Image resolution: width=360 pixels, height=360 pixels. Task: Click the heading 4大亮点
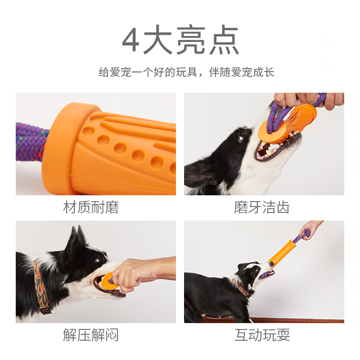pyautogui.click(x=180, y=40)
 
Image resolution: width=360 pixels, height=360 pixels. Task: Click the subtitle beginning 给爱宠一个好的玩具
pyautogui.click(x=186, y=72)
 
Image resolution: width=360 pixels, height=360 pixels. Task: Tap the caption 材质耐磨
pyautogui.click(x=91, y=207)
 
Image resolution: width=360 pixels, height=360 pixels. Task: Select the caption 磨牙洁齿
pyautogui.click(x=262, y=207)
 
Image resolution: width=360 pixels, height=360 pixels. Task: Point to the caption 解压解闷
pyautogui.click(x=91, y=335)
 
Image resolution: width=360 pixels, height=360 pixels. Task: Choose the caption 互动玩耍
pyautogui.click(x=262, y=335)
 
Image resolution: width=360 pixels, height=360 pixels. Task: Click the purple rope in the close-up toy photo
pyautogui.click(x=31, y=142)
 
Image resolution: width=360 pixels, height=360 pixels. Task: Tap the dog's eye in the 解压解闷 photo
pyautogui.click(x=99, y=260)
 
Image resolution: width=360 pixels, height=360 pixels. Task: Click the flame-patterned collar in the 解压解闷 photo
pyautogui.click(x=41, y=287)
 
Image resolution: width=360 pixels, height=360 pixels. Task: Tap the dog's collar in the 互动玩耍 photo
pyautogui.click(x=242, y=288)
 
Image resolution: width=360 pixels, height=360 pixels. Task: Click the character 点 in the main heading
pyautogui.click(x=224, y=40)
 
